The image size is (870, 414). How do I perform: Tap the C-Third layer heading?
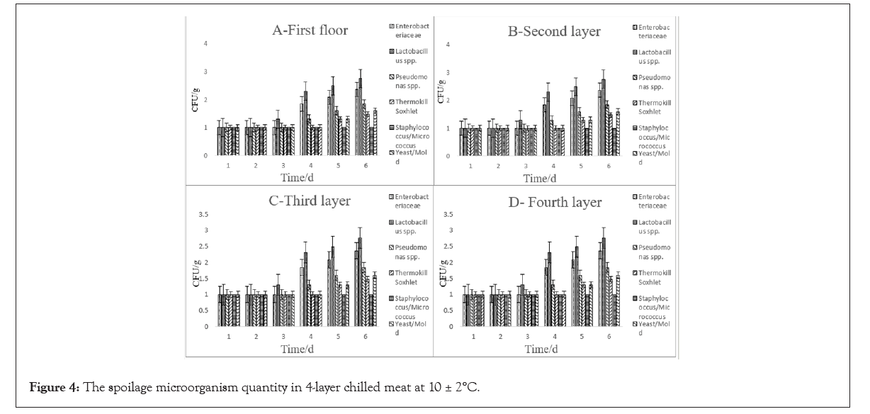pos(309,201)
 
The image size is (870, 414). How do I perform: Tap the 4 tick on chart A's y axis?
pos(205,44)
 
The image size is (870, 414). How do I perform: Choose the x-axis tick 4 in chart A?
pos(311,164)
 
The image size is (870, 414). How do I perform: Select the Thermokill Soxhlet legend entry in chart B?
pos(654,107)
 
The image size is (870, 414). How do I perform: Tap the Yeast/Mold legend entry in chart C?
pos(409,328)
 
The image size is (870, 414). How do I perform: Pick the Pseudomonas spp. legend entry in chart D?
pos(654,251)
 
